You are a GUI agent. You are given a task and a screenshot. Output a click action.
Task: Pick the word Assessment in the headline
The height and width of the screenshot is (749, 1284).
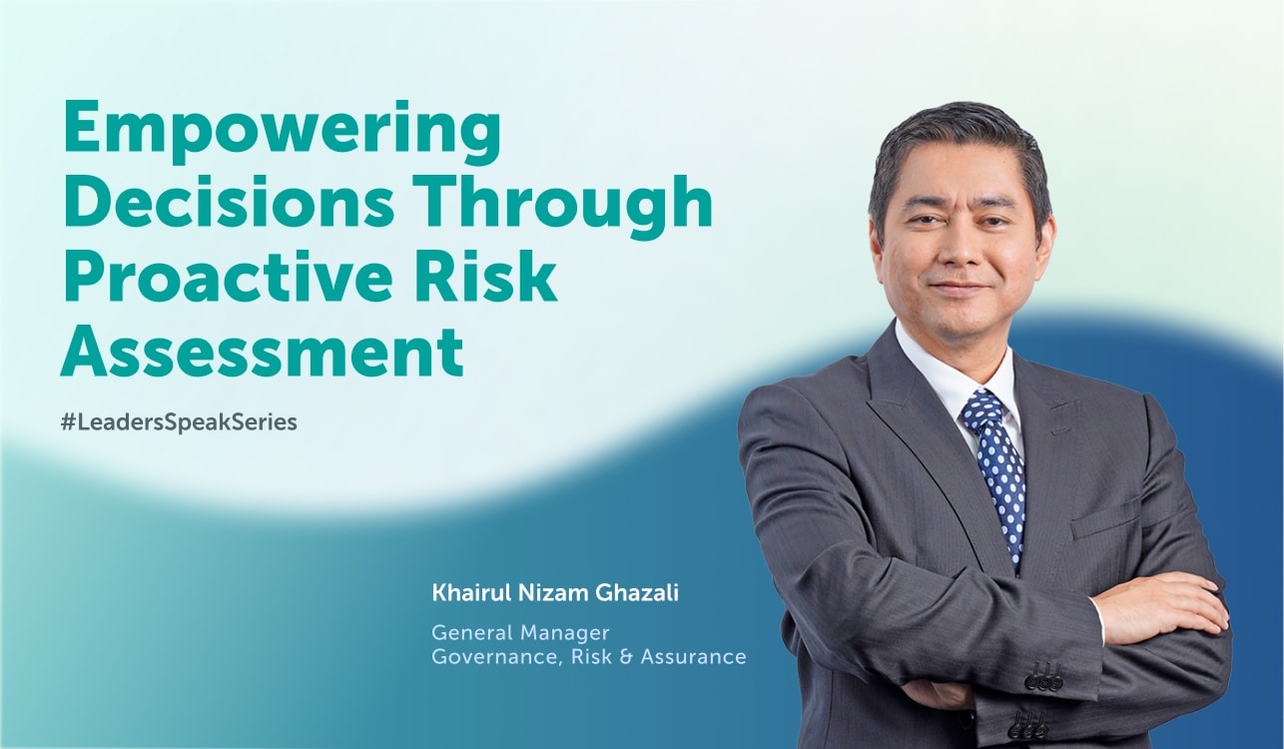(263, 350)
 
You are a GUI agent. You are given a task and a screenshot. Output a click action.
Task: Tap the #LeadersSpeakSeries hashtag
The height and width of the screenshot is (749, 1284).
(179, 422)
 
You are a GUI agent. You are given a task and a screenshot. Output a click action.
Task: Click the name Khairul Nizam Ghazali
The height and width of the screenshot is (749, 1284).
(555, 593)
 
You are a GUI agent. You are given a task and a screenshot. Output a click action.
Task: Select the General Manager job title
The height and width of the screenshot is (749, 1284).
(520, 633)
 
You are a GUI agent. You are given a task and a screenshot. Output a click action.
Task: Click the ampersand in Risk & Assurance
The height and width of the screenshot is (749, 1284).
(626, 657)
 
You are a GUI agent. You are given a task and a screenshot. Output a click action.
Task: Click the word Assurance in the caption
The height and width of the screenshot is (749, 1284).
(694, 657)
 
